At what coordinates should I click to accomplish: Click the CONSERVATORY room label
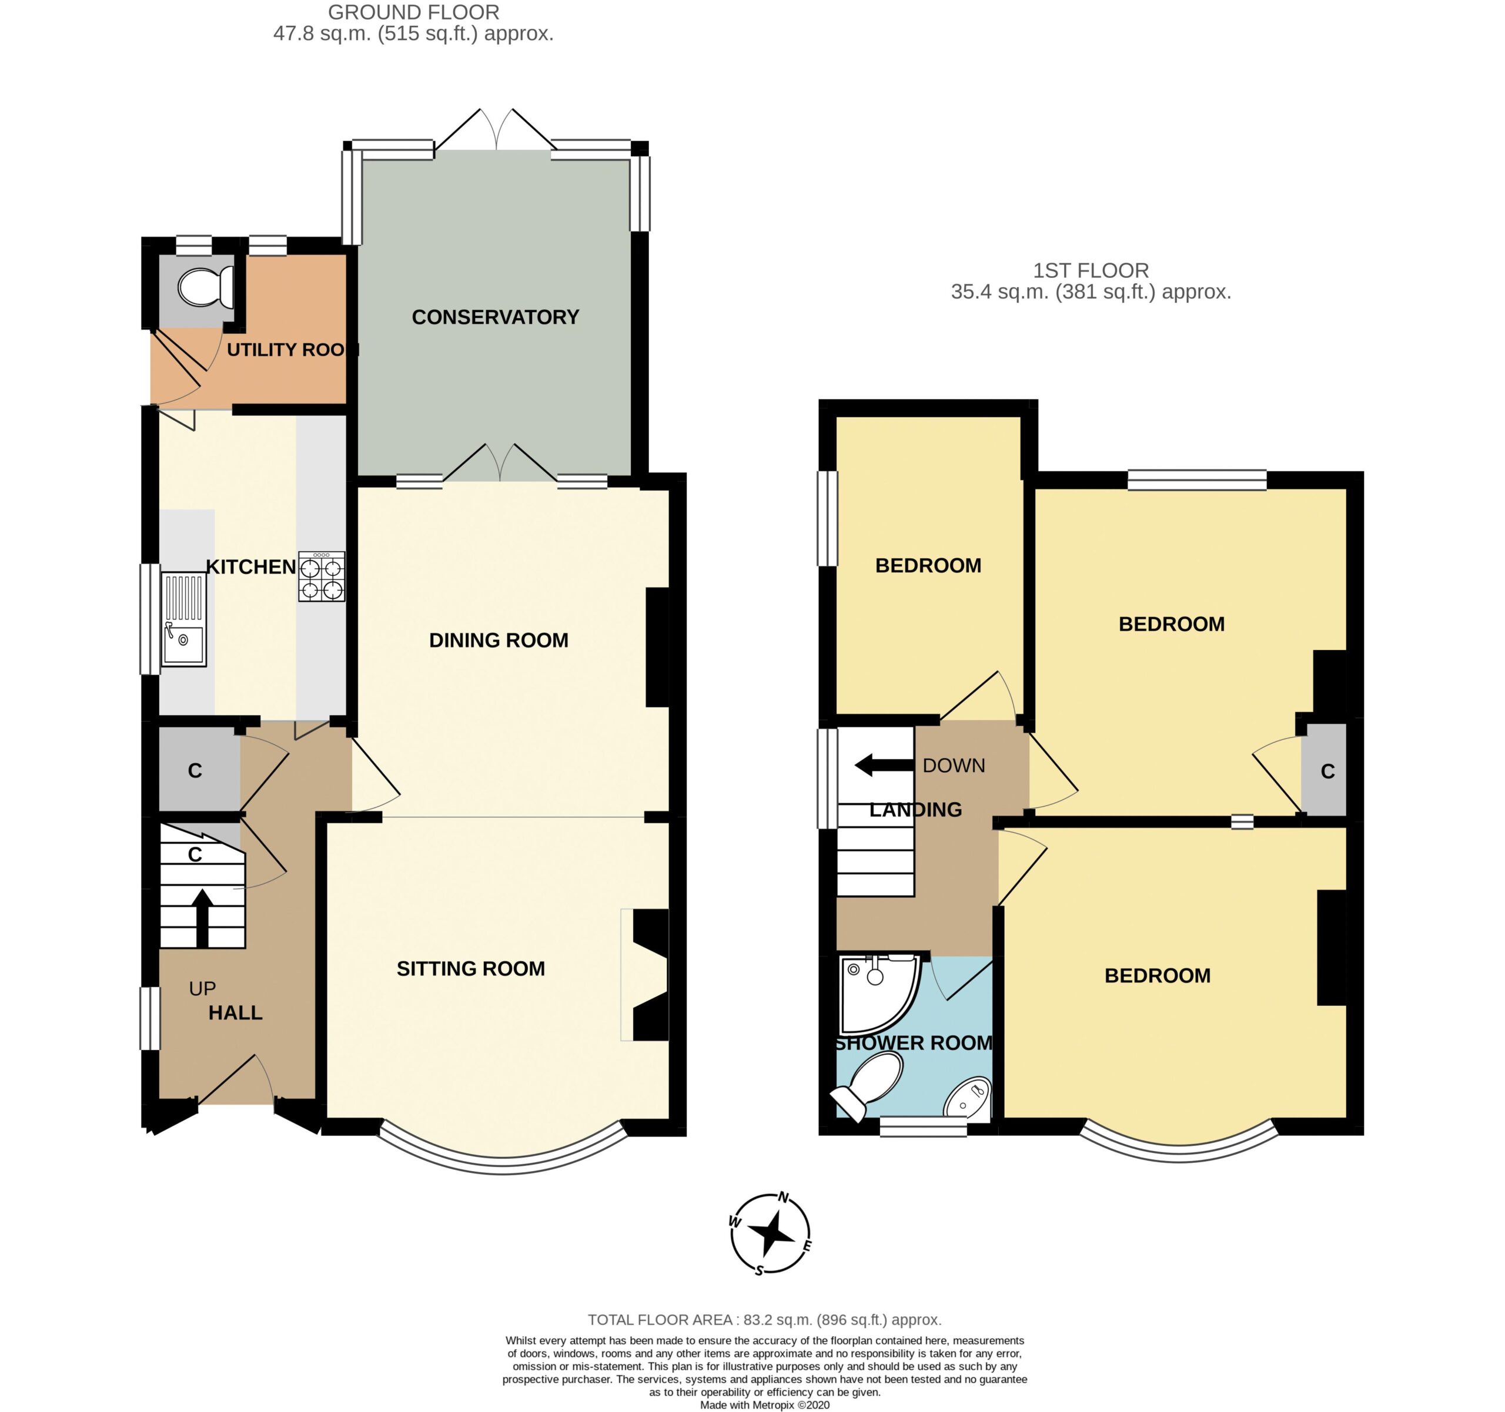coord(495,317)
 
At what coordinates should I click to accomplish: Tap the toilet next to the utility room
coord(205,287)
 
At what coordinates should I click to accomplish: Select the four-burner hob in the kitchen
coord(322,576)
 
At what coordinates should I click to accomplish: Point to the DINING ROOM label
coord(498,640)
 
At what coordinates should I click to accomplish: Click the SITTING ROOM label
coord(470,968)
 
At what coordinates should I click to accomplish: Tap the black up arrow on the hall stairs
coord(202,918)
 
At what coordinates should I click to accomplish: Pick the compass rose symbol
coord(770,1233)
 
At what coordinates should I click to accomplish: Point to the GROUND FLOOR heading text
coord(413,12)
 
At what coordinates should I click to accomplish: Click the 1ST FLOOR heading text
coord(1091,270)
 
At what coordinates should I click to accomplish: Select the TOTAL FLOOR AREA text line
coord(765,1320)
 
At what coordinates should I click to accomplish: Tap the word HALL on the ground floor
coord(235,1012)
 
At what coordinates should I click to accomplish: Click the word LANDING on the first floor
coord(915,810)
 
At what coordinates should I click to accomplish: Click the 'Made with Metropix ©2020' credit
coord(765,1405)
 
